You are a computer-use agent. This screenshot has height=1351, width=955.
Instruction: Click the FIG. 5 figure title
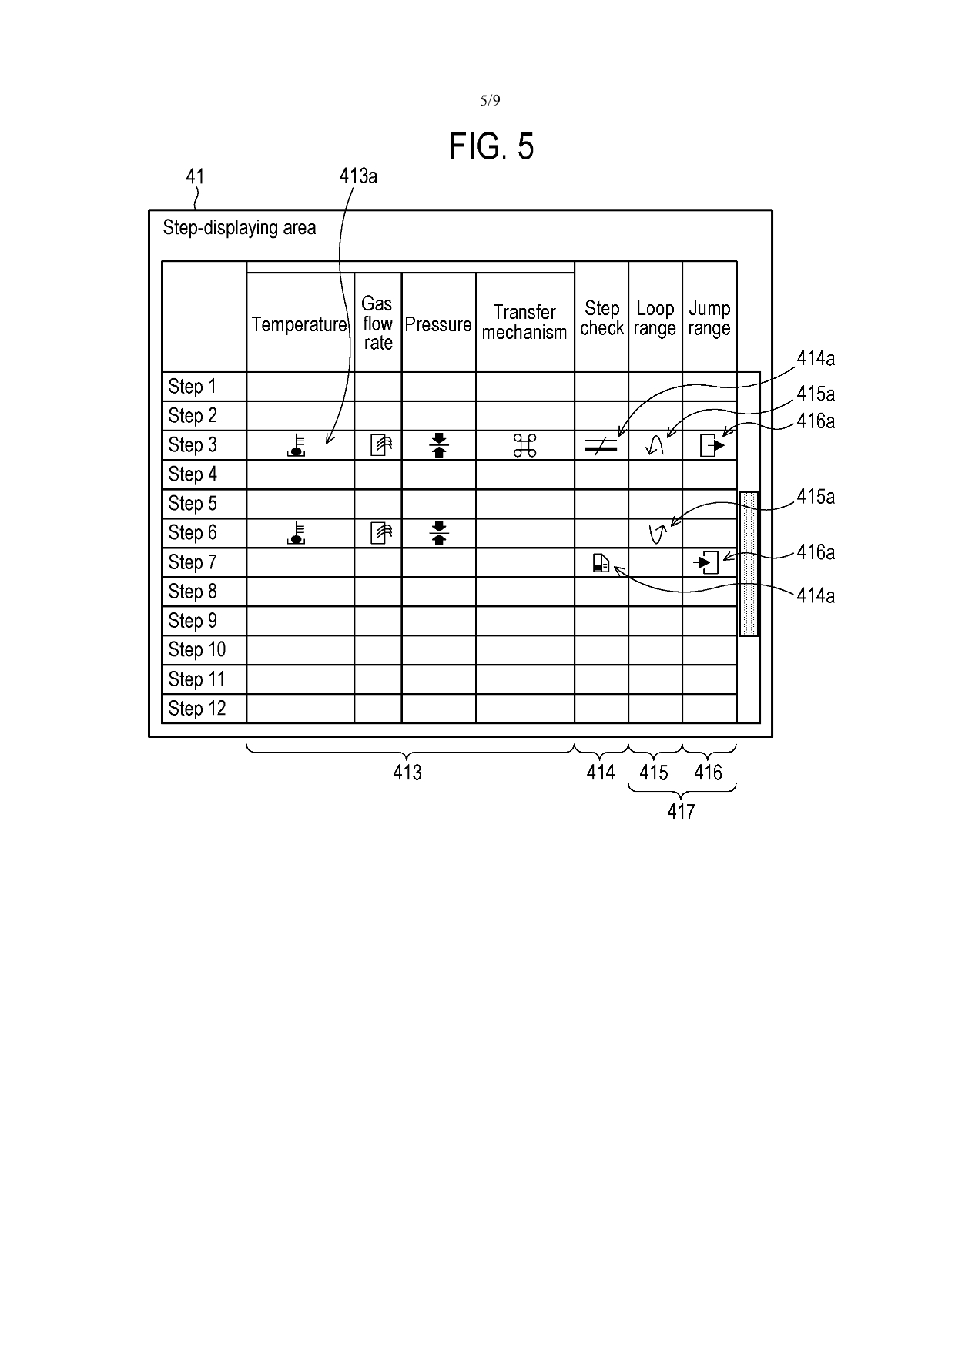click(x=491, y=146)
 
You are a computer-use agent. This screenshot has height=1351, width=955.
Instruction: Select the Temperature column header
click(x=299, y=324)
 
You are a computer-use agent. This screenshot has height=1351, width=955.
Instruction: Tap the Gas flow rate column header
click(x=377, y=324)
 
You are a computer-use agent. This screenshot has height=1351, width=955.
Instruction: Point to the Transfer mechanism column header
click(x=524, y=322)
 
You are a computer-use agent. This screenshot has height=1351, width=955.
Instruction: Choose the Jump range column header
click(x=709, y=318)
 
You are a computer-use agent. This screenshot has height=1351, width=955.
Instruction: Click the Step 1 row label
click(x=193, y=387)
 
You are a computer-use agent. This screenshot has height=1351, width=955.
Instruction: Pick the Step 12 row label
click(x=197, y=709)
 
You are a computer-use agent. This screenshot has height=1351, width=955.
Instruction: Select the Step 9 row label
click(x=193, y=621)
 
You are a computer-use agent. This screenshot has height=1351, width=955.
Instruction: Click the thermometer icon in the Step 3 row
click(x=297, y=446)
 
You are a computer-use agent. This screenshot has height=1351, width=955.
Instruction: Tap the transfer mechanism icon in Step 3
click(x=524, y=445)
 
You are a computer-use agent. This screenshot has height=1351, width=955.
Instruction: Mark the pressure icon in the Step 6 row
click(x=439, y=533)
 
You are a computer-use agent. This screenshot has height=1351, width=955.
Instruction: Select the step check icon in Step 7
click(x=601, y=564)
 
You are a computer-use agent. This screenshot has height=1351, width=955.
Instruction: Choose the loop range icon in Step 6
click(x=656, y=533)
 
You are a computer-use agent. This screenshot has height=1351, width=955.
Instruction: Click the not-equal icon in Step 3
click(x=601, y=445)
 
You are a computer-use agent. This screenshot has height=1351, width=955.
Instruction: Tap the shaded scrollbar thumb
click(x=748, y=564)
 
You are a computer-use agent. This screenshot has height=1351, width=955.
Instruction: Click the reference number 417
click(x=681, y=811)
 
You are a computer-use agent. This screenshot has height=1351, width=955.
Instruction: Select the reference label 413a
click(x=358, y=176)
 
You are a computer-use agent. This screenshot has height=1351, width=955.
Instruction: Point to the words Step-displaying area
click(x=239, y=228)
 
